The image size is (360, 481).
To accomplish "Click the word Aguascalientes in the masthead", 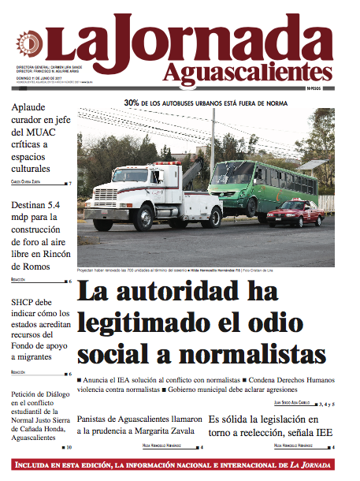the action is coord(248,73).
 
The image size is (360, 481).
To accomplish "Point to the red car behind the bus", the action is coord(295,213).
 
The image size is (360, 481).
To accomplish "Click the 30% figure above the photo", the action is coord(131,103).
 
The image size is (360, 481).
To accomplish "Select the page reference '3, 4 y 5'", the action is coord(324,405).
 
